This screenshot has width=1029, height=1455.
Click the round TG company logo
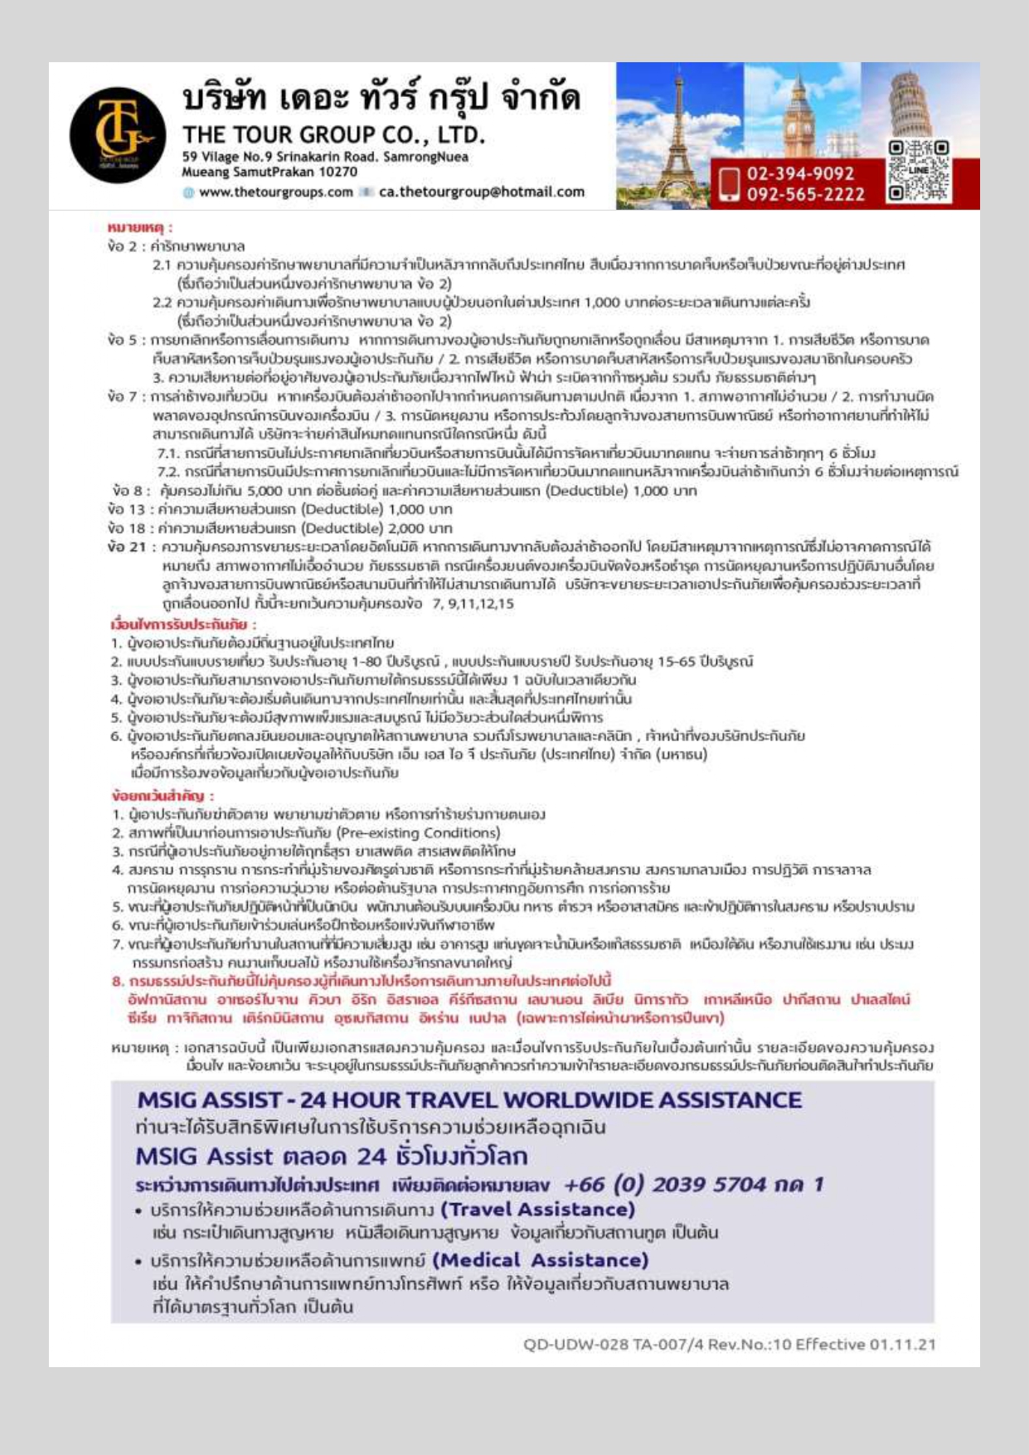(117, 134)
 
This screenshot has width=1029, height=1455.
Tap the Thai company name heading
(381, 98)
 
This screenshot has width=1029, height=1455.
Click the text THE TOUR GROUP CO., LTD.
(333, 134)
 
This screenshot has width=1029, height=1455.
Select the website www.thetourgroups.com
(275, 192)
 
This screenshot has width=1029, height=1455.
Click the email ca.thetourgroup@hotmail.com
(481, 192)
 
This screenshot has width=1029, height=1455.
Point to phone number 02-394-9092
(800, 173)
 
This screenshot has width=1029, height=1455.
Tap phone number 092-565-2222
(805, 194)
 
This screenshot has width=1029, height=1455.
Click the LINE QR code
(918, 171)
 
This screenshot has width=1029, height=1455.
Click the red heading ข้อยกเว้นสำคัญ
(163, 796)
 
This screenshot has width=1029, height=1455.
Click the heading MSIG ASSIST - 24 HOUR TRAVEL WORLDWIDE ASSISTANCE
(469, 1100)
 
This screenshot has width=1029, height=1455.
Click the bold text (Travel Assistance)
(537, 1210)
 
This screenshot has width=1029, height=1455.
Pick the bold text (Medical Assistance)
(540, 1260)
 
